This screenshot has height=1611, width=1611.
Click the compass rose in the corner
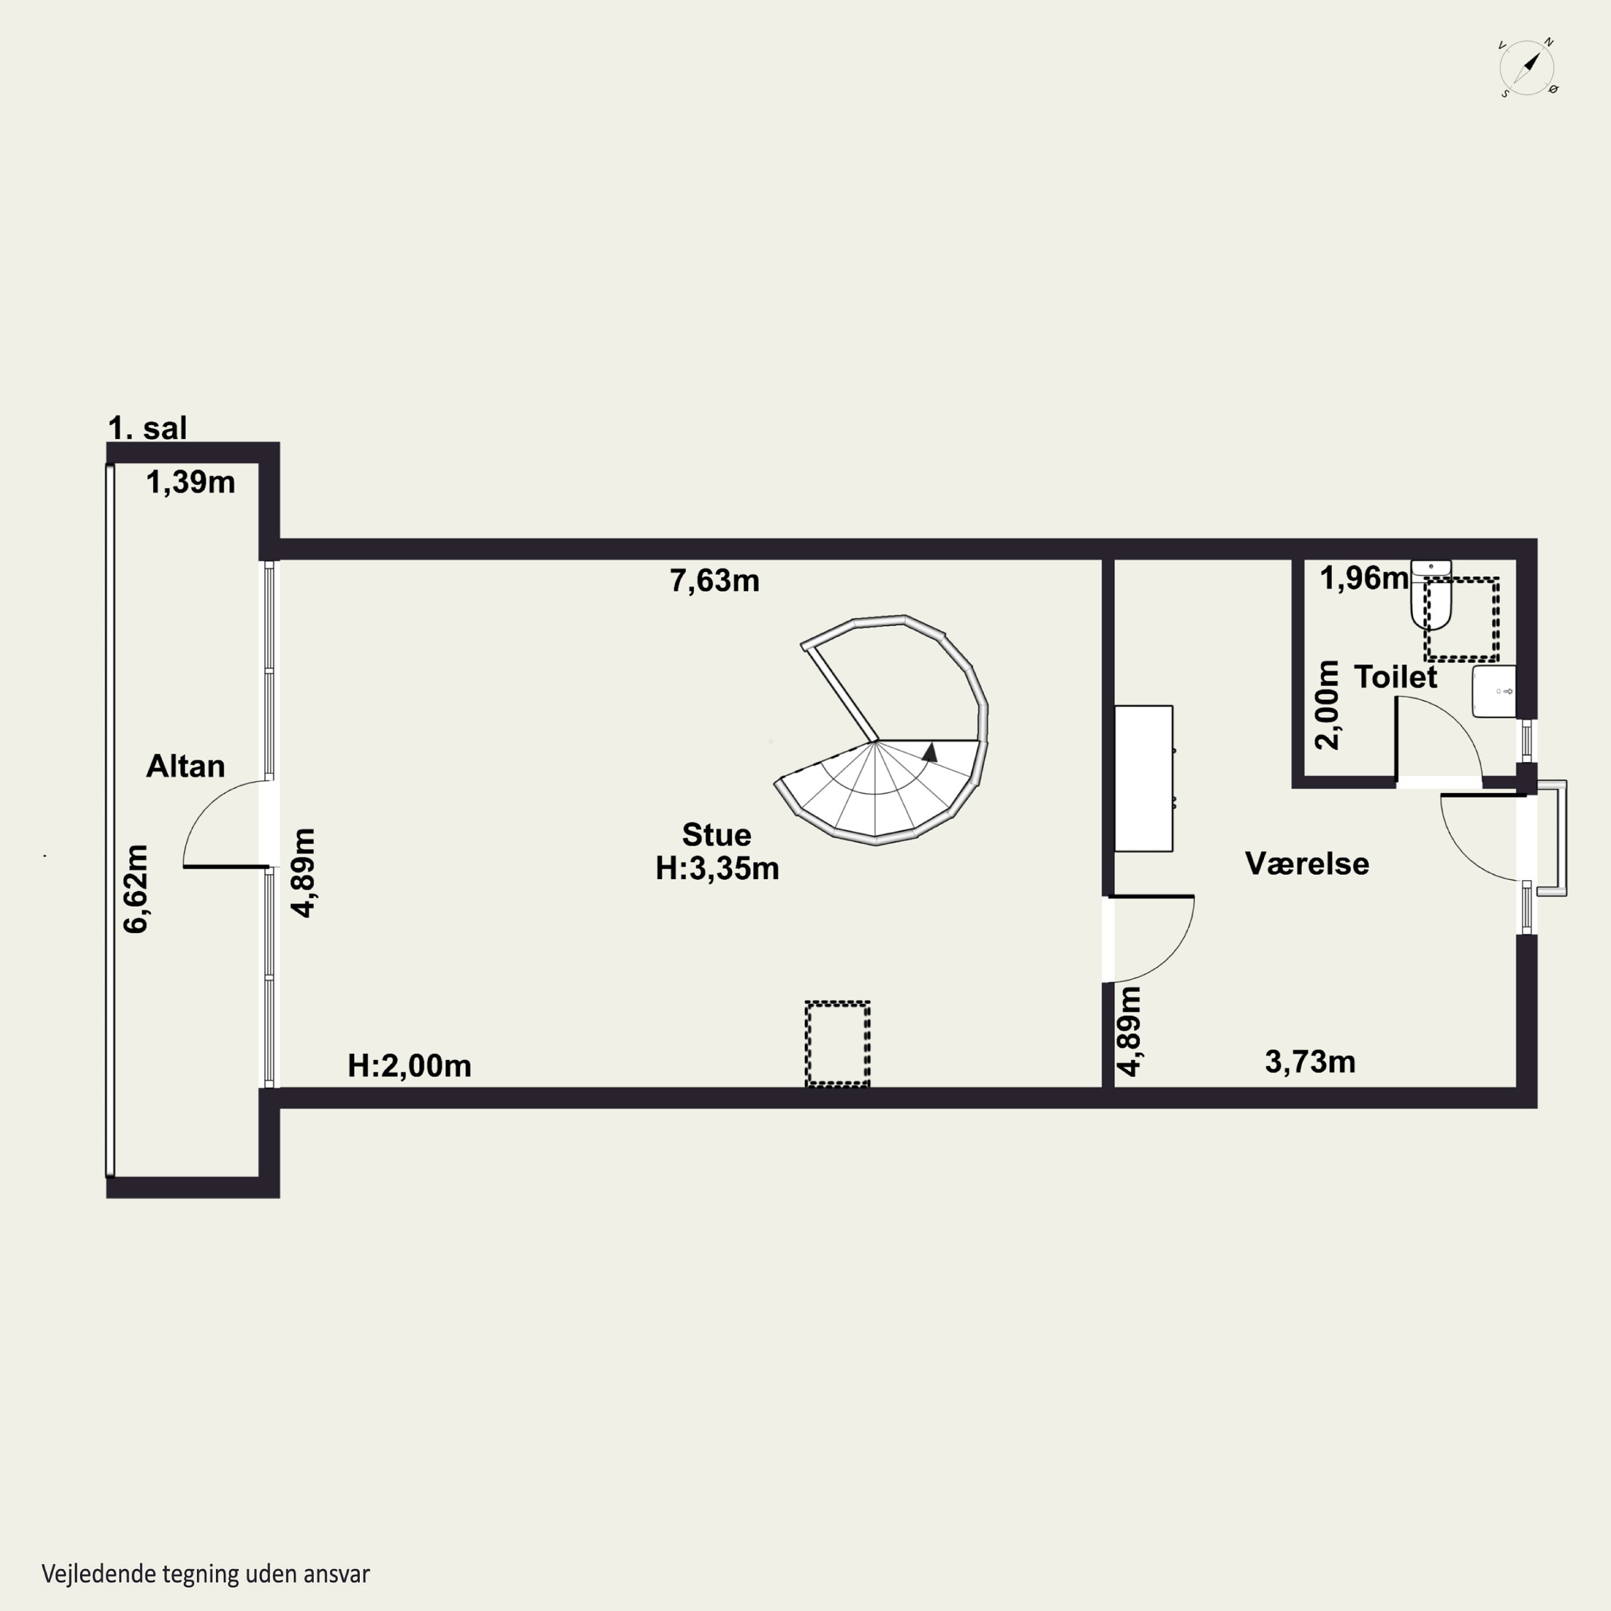point(1528,68)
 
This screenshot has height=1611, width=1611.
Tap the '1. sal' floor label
point(148,428)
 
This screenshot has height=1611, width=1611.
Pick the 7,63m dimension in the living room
point(715,580)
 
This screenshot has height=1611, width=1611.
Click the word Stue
point(716,834)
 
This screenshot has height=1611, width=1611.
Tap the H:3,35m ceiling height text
point(717,868)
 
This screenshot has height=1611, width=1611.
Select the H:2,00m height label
point(409,1065)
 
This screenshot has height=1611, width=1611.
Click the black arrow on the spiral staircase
point(930,752)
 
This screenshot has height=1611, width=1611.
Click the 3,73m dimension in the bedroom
point(1310,1062)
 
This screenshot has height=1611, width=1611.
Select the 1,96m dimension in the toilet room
point(1364,578)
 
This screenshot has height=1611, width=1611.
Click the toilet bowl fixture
point(1431,594)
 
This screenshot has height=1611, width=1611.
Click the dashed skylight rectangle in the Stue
point(837,1044)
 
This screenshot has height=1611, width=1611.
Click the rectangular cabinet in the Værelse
point(1144,779)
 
